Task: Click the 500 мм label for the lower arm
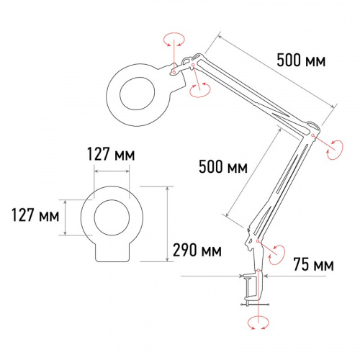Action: tap(222, 168)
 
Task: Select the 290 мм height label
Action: tap(198, 251)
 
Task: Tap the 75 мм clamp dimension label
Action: tap(314, 266)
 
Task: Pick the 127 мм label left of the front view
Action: tap(33, 215)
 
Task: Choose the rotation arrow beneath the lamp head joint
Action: tap(199, 89)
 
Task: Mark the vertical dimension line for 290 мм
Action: tap(168, 223)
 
